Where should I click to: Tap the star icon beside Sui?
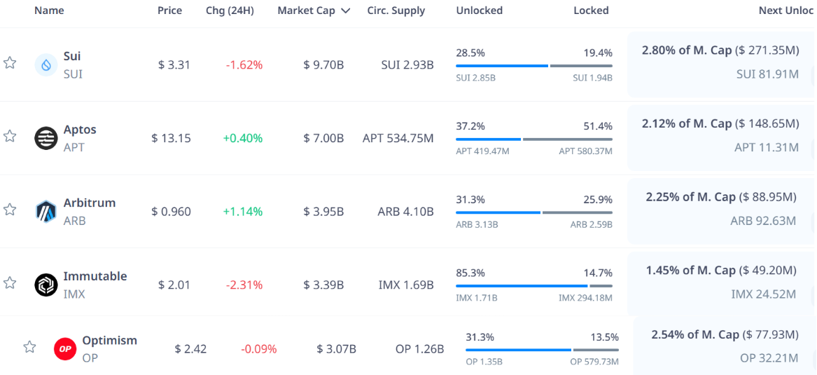pyautogui.click(x=10, y=63)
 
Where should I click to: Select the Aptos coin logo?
pyautogui.click(x=46, y=138)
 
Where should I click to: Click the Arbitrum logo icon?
pyautogui.click(x=46, y=211)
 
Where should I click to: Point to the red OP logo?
pyautogui.click(x=65, y=348)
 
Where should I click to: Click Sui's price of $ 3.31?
pyautogui.click(x=174, y=65)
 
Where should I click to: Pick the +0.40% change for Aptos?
pyautogui.click(x=243, y=138)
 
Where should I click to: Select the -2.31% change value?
pyautogui.click(x=244, y=285)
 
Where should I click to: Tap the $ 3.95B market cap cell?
pyautogui.click(x=323, y=212)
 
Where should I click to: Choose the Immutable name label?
pyautogui.click(x=95, y=276)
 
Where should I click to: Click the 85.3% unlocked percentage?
pyautogui.click(x=470, y=273)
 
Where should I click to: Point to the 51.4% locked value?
pyautogui.click(x=598, y=126)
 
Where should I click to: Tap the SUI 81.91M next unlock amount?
pyautogui.click(x=767, y=74)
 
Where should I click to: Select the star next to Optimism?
pyautogui.click(x=29, y=347)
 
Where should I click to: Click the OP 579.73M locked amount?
pyautogui.click(x=594, y=362)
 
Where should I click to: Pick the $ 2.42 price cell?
pyautogui.click(x=190, y=348)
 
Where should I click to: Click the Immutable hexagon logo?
pyautogui.click(x=46, y=285)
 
